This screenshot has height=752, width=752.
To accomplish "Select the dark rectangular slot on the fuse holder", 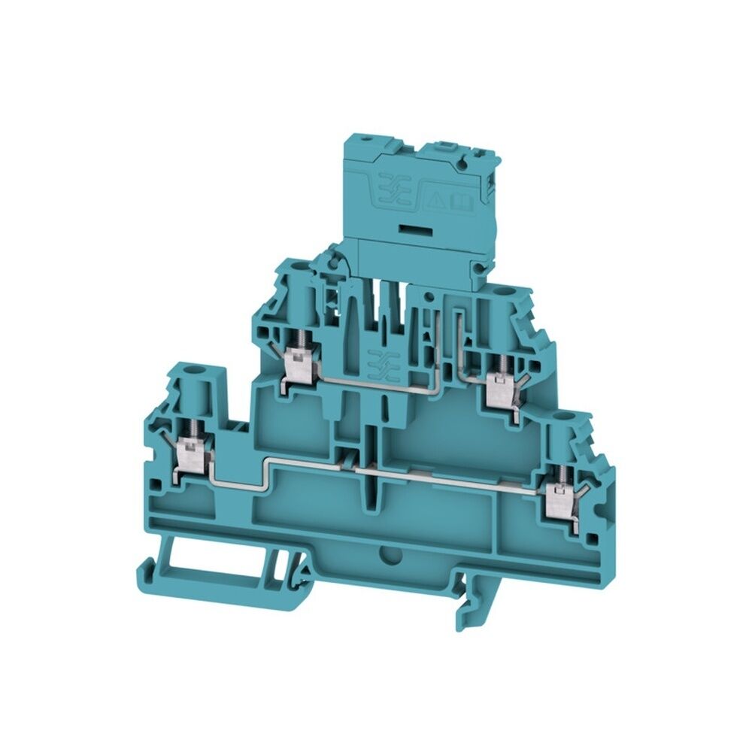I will pyautogui.click(x=414, y=226).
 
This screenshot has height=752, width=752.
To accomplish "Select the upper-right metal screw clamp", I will pyautogui.click(x=496, y=388).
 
